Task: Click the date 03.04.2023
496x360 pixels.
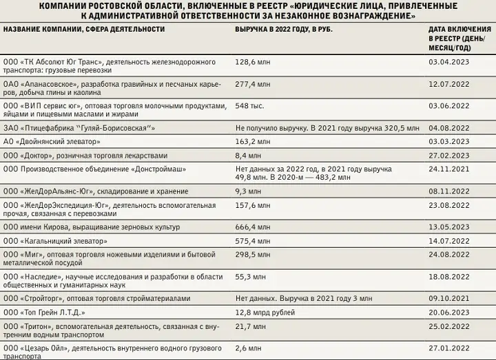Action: coord(449,61)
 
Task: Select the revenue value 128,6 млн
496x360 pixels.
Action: coord(252,61)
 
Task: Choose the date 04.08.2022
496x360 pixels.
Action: coord(449,127)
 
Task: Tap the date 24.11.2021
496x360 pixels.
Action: coord(449,169)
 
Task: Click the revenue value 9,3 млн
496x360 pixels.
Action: coord(249,191)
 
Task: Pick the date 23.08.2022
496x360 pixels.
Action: coord(449,205)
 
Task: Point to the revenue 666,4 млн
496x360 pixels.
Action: coord(252,226)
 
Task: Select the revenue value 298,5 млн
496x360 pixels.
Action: coord(252,255)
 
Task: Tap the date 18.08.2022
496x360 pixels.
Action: coord(449,276)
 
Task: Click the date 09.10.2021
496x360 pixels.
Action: coord(449,298)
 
